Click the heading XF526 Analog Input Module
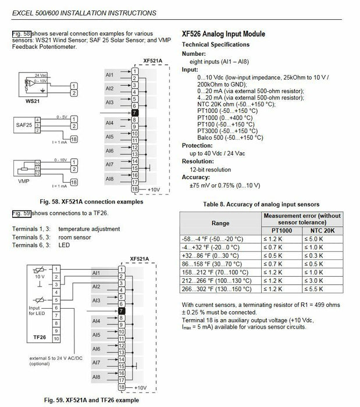[223, 34]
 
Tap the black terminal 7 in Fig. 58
[135, 113]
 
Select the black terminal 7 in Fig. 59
[122, 311]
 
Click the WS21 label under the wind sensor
[33, 101]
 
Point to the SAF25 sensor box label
[24, 125]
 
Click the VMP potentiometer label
[24, 181]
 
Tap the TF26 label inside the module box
[40, 337]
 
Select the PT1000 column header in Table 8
[281, 230]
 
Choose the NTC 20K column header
[322, 230]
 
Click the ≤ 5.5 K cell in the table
[314, 289]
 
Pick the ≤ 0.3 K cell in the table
[314, 256]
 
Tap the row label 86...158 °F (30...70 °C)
[212, 264]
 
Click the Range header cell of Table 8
[220, 223]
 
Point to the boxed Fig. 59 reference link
[22, 213]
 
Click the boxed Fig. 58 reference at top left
[22, 34]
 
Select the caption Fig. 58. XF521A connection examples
[91, 202]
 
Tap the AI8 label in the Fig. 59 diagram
[97, 377]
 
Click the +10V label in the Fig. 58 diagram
[154, 190]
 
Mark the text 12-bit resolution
[210, 170]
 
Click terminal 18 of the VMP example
[74, 183]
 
